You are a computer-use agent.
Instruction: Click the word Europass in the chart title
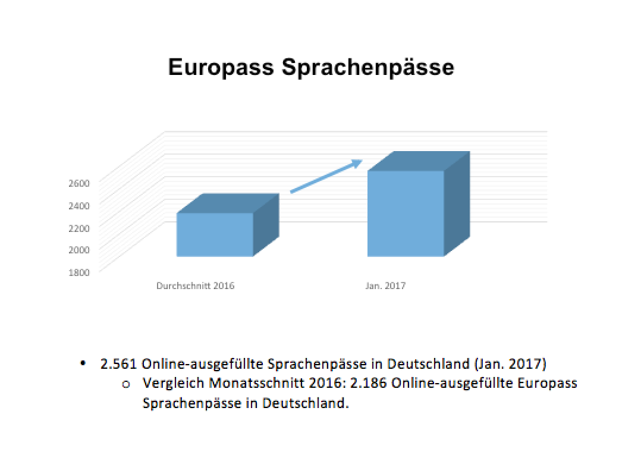(x=221, y=68)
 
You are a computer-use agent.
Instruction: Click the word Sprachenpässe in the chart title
(x=367, y=68)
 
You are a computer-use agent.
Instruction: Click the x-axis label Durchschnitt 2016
(x=196, y=286)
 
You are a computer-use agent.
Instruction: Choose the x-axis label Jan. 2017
(x=385, y=286)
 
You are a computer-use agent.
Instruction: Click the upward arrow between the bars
(x=326, y=176)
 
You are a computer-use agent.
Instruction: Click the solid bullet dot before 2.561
(x=83, y=363)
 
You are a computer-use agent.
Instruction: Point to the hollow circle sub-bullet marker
(x=126, y=384)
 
